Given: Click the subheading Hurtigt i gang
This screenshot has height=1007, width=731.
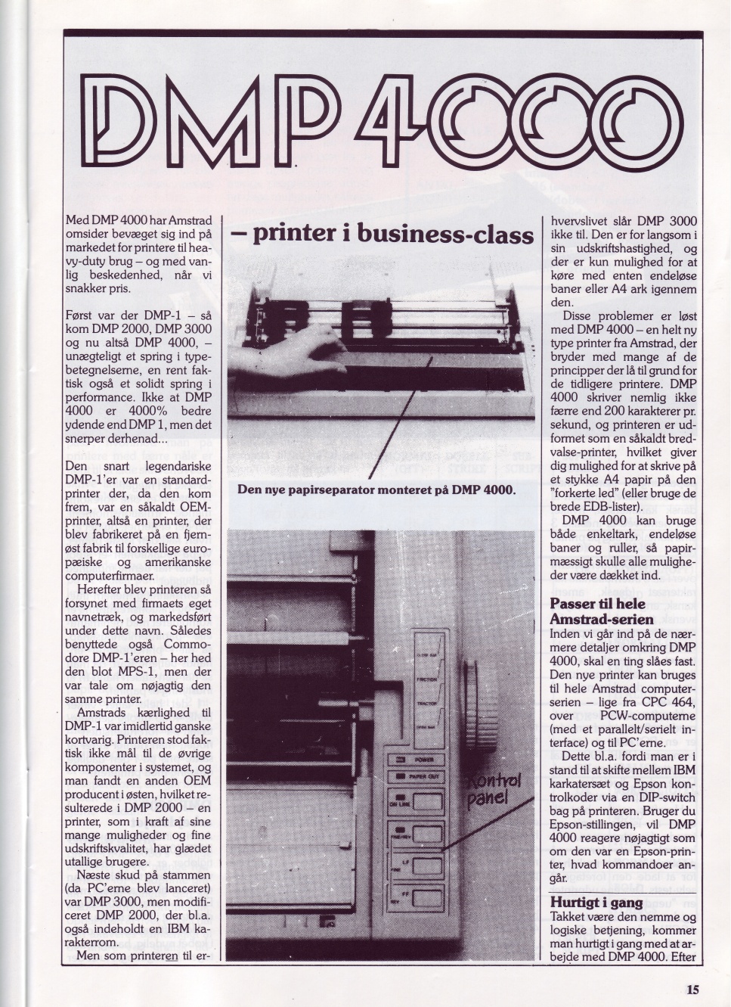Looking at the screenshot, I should pyautogui.click(x=596, y=903).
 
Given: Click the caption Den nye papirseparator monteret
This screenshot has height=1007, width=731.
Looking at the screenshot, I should pyautogui.click(x=376, y=490).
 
